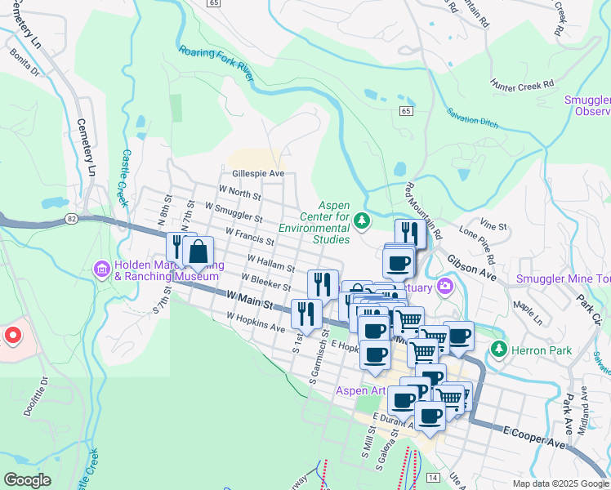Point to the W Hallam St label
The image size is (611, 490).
click(x=268, y=265)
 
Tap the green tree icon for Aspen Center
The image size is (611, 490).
click(x=361, y=220)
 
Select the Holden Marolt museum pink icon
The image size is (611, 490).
click(x=102, y=269)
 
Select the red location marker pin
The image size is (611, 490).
click(x=12, y=336)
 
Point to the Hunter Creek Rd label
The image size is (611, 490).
click(x=523, y=83)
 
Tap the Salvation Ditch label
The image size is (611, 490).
click(x=472, y=122)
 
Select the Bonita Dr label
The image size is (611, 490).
click(x=25, y=61)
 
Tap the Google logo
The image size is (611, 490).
click(x=27, y=480)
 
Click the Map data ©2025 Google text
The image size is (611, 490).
click(x=560, y=483)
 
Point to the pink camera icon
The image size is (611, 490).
click(x=445, y=285)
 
